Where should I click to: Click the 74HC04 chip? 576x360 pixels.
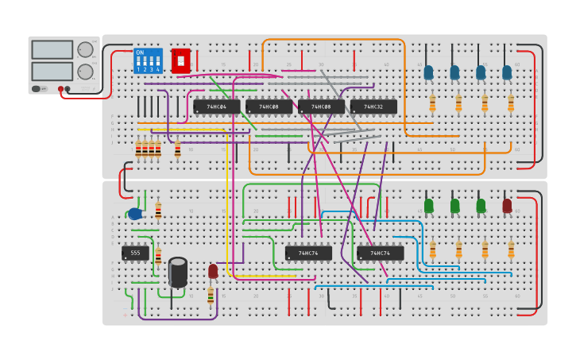coord(216,106)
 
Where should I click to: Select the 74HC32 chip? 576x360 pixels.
coord(373,106)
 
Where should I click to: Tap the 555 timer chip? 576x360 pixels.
coord(135,253)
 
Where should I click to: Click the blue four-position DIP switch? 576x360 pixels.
coord(148,60)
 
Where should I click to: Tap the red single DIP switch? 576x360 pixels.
coord(180,60)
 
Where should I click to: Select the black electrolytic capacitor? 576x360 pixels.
coord(178,272)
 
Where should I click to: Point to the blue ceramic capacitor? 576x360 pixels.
coord(135,213)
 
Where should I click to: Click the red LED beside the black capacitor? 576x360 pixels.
coord(213,271)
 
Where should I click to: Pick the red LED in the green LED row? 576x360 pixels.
coord(507,206)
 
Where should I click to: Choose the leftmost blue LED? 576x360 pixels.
coord(429,72)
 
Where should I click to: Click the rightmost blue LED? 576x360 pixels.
coord(507,72)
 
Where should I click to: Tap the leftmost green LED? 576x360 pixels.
coord(429,206)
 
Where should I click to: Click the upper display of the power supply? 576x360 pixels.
coord(52,49)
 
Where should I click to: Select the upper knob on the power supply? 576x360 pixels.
coord(85,50)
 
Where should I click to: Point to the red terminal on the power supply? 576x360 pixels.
coord(60,89)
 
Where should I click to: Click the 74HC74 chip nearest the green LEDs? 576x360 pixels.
coord(381,253)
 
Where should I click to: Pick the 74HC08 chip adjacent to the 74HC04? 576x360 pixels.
coord(269,106)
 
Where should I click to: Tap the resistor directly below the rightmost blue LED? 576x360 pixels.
coord(511,103)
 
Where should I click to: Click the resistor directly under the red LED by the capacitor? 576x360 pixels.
coord(211,296)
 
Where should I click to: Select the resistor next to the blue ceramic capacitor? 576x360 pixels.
coord(158,211)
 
